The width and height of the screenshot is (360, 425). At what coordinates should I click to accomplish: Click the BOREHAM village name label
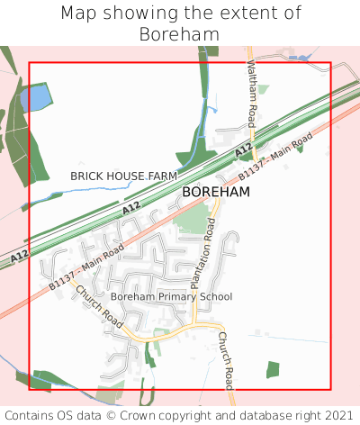pyautogui.click(x=216, y=192)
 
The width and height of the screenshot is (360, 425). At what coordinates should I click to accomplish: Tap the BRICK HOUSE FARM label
pyautogui.click(x=124, y=175)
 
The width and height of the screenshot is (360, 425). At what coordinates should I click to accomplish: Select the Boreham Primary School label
pyautogui.click(x=171, y=296)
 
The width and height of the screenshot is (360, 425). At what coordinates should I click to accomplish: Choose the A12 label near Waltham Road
pyautogui.click(x=243, y=149)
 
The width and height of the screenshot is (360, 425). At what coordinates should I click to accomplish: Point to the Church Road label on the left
pyautogui.click(x=98, y=305)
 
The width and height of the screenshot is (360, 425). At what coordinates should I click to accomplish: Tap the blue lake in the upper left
pyautogui.click(x=35, y=97)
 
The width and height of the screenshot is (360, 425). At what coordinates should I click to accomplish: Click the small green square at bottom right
pyautogui.click(x=273, y=368)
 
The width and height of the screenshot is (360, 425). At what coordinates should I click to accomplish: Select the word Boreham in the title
pyautogui.click(x=180, y=34)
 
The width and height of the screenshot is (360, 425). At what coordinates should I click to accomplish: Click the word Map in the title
pyautogui.click(x=78, y=14)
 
